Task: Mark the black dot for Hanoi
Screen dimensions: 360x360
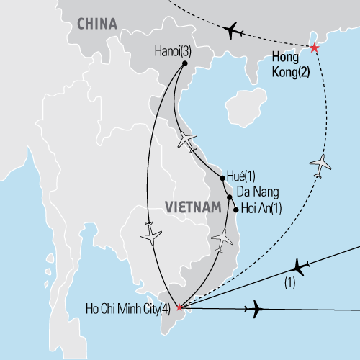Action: (184, 63)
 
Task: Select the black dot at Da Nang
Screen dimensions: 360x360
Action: (230, 197)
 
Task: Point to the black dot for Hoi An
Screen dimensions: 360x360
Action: (235, 210)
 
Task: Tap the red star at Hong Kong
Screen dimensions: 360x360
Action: (314, 48)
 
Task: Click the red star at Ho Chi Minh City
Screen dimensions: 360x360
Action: (179, 307)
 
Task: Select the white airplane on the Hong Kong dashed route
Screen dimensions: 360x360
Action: (321, 165)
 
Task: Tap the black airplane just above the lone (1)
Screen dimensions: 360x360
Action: (300, 267)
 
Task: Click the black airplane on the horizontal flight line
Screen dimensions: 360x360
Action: (254, 310)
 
